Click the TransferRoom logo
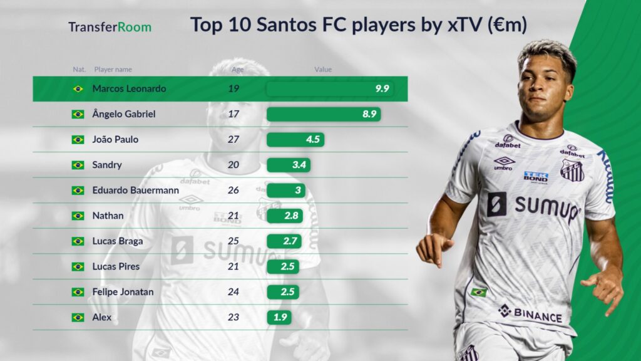click(110, 27)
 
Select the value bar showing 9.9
click(330, 89)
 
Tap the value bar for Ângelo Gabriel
click(324, 114)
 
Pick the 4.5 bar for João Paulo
click(295, 140)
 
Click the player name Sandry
click(107, 165)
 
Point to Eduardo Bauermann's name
click(135, 191)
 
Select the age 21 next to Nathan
click(233, 216)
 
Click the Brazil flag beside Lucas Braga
click(78, 241)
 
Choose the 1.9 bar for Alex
click(279, 317)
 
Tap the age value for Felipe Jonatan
click(233, 292)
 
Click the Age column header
click(237, 70)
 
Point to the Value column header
click(323, 70)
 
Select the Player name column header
click(113, 70)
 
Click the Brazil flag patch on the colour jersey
click(478, 292)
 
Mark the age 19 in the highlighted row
click(233, 89)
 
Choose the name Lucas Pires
click(116, 266)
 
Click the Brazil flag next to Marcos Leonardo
click(78, 89)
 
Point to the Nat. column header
click(79, 70)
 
